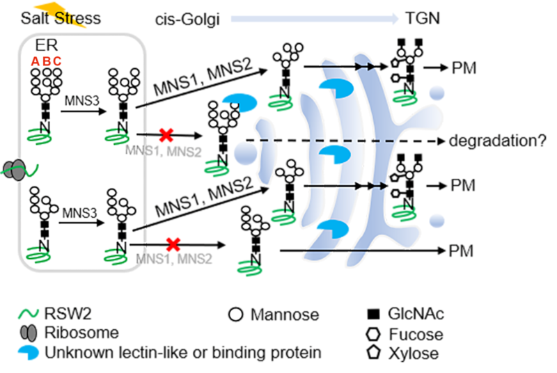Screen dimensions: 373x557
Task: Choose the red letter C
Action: point(57,61)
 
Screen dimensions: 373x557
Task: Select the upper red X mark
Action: point(165,136)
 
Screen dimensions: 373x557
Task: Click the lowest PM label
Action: point(462,251)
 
